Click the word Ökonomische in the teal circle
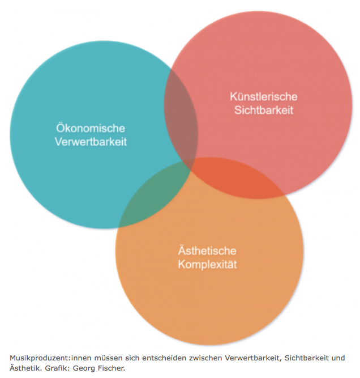tap(91, 128)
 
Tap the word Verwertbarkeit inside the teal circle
tap(91, 142)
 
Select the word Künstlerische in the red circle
tap(264, 96)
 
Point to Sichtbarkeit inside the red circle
tap(264, 110)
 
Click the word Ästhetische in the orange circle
tap(207, 250)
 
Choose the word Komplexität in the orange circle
tap(207, 264)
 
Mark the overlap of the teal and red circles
tap(179, 113)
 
